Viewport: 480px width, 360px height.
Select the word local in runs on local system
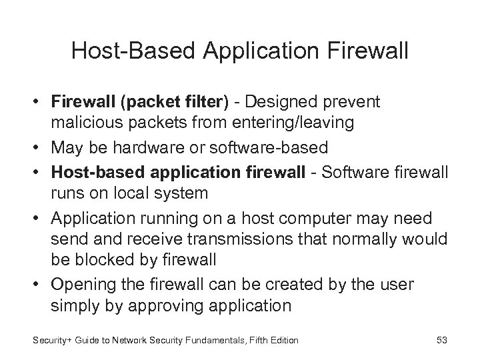[151, 193]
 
